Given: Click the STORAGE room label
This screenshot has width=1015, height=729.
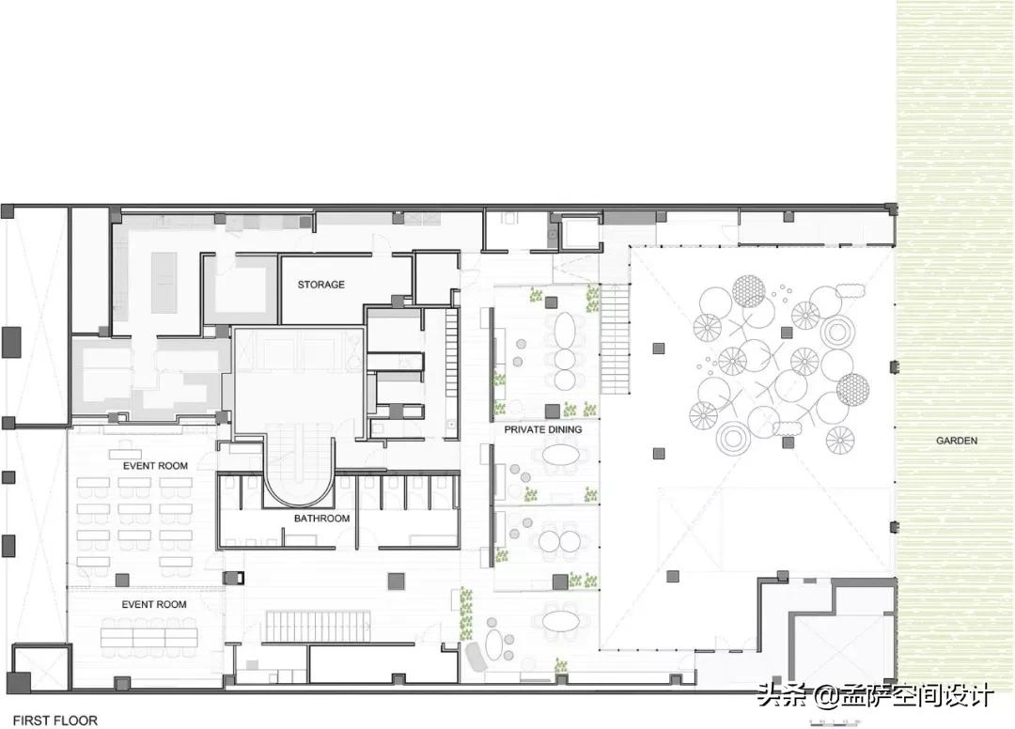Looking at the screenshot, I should (321, 285).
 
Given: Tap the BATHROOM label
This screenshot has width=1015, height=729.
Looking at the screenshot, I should (321, 519).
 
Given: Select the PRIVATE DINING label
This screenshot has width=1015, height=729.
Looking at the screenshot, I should (542, 429).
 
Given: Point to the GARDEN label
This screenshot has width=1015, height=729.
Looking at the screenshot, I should (957, 441).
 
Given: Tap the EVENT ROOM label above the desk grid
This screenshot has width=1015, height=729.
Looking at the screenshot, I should (155, 466).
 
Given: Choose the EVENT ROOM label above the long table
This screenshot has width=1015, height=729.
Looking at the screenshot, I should (154, 604).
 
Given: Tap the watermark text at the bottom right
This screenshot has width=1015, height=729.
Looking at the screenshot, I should (874, 696).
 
